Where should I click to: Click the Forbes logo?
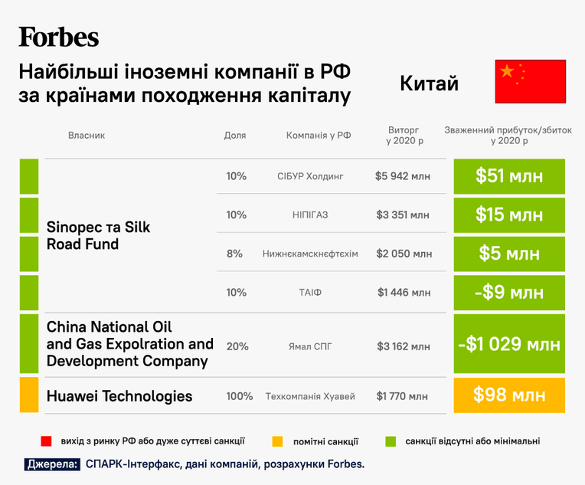pyautogui.click(x=58, y=37)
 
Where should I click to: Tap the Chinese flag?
pyautogui.click(x=530, y=81)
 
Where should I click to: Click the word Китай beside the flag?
pyautogui.click(x=429, y=83)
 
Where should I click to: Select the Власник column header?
pyautogui.click(x=87, y=135)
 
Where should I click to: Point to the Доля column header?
pyautogui.click(x=235, y=135)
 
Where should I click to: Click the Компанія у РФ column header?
pyautogui.click(x=319, y=135)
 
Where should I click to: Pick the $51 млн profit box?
pyautogui.click(x=509, y=176)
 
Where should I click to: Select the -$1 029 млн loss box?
pyautogui.click(x=509, y=343)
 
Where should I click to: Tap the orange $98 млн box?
pyautogui.click(x=509, y=395)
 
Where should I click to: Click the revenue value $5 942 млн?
pyautogui.click(x=403, y=176)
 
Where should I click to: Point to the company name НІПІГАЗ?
pyautogui.click(x=310, y=215)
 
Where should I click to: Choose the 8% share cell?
pyautogui.click(x=234, y=254)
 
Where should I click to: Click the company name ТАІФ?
pyautogui.click(x=310, y=292)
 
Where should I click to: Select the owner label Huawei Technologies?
pyautogui.click(x=119, y=396)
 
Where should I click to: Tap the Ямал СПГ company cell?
pyautogui.click(x=310, y=346)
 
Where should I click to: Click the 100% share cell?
pyautogui.click(x=240, y=396)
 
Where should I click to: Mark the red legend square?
pyautogui.click(x=46, y=441)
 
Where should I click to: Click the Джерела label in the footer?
pyautogui.click(x=52, y=464)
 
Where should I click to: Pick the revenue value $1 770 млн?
pyautogui.click(x=402, y=396)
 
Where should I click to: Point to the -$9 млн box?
pyautogui.click(x=509, y=293)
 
